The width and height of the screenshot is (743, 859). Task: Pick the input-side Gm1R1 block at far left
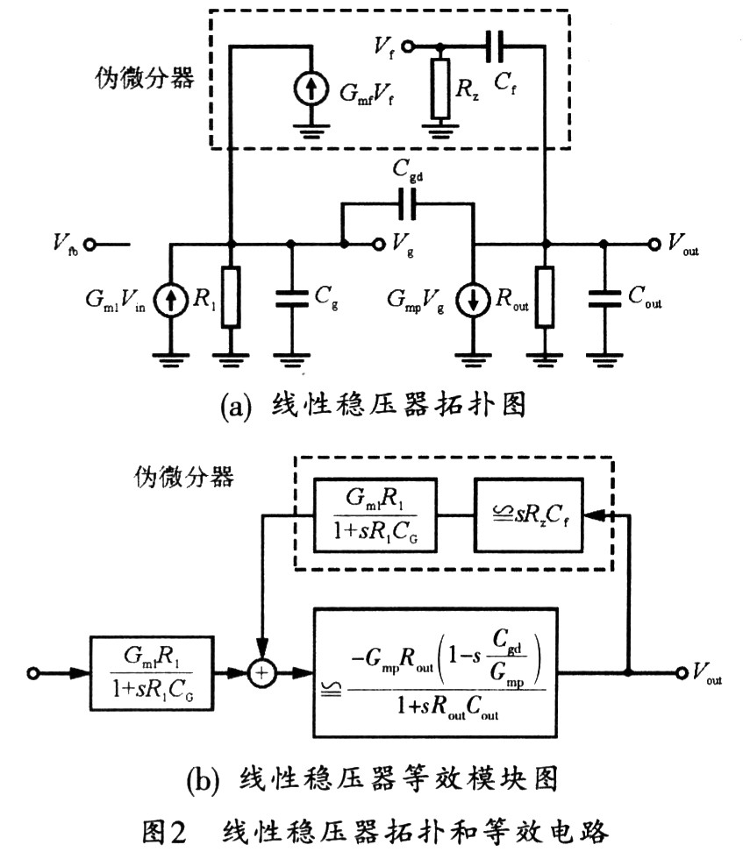click(148, 673)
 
